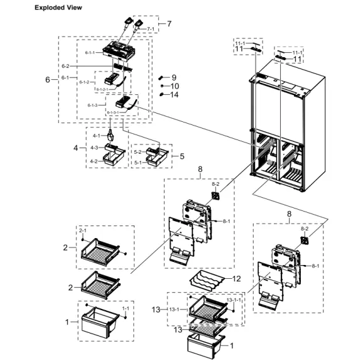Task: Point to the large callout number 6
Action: [47, 80]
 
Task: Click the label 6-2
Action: [66, 66]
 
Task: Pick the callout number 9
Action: [174, 77]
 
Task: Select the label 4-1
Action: [96, 136]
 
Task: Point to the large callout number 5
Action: [182, 156]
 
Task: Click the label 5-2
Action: [138, 151]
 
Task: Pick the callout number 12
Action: [236, 278]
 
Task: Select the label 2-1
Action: [83, 231]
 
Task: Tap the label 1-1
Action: [125, 308]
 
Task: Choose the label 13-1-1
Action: [235, 300]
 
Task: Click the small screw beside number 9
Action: [162, 77]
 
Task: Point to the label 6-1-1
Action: [90, 53]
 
